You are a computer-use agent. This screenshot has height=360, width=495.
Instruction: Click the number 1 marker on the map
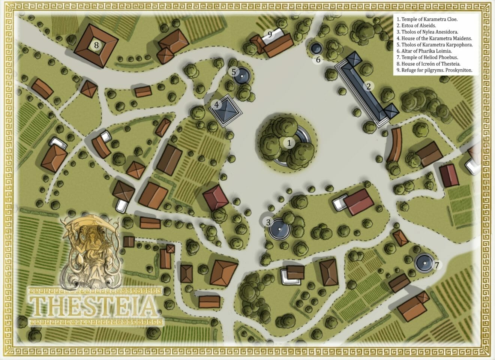(289, 143)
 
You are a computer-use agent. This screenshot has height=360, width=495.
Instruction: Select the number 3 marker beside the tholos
(268, 222)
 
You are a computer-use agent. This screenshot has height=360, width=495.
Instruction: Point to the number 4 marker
(216, 105)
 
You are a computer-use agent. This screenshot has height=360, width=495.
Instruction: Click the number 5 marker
(233, 71)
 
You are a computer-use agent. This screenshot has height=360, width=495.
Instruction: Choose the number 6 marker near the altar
(318, 60)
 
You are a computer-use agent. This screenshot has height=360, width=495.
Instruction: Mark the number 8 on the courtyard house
(96, 45)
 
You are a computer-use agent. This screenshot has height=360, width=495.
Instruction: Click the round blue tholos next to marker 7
(424, 263)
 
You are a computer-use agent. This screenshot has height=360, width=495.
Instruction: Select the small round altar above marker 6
(316, 48)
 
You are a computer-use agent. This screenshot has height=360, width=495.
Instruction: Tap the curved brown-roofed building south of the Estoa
(393, 144)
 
